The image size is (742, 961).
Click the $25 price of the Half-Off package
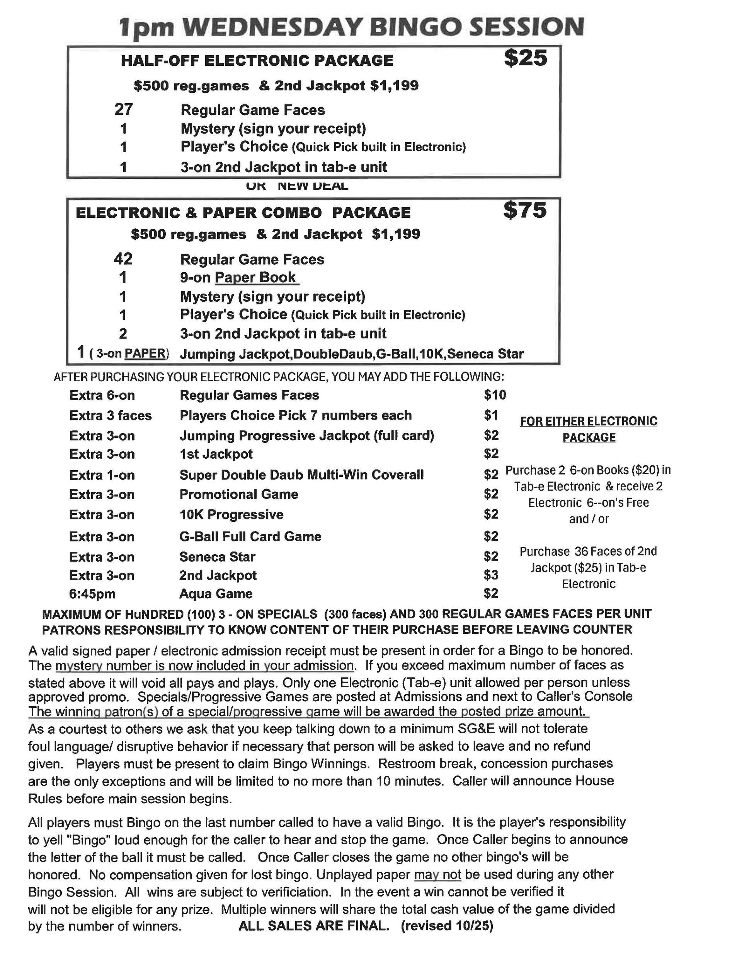pos(525,58)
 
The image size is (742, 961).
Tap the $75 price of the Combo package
pos(525,210)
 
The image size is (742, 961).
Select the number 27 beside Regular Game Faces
pos(124,109)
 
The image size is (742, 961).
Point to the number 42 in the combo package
pos(123,259)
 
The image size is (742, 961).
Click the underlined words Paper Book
pos(255,278)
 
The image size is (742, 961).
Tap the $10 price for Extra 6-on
pos(495,395)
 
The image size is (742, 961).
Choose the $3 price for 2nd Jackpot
pos(491,575)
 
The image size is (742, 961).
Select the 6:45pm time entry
pos(92,594)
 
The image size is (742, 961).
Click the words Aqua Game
pos(216,594)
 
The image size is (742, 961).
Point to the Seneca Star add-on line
pos(217,557)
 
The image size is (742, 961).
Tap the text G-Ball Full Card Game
pos(250,537)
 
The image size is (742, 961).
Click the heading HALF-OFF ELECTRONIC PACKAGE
pos(257,61)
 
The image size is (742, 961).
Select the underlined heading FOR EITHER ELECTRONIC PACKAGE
pos(589,429)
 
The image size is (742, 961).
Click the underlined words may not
pos(437,874)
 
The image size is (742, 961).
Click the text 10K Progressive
pos(231,515)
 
